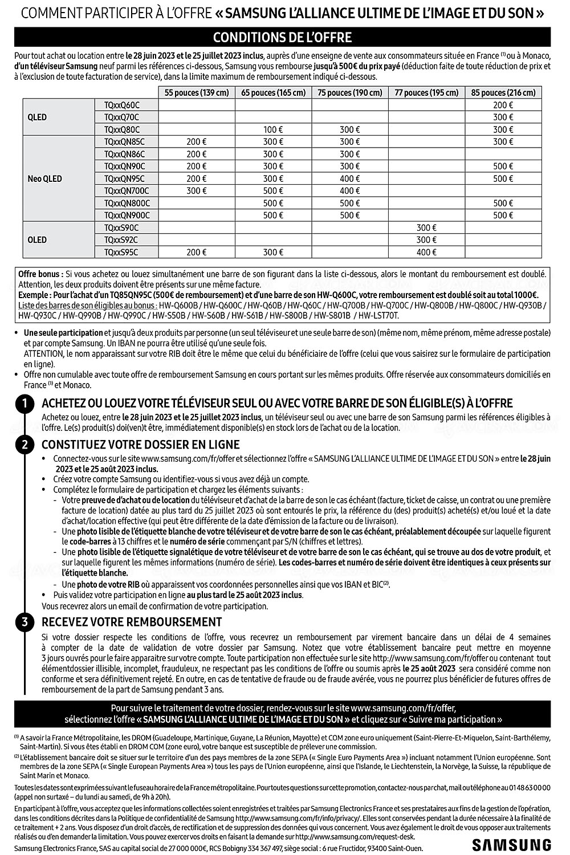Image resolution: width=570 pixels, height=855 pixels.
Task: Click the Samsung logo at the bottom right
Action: point(511,844)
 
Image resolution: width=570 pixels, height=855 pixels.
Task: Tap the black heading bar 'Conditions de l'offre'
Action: point(282,38)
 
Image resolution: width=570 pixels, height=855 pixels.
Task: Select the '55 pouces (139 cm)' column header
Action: point(197,92)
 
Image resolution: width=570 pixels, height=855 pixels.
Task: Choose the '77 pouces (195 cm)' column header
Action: point(426,92)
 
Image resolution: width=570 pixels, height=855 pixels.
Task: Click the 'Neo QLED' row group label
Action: point(44,178)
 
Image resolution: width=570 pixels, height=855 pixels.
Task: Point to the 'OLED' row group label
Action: point(37,239)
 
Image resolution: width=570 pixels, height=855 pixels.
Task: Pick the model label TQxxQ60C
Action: point(121,105)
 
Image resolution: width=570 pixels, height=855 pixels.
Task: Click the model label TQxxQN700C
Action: point(127,190)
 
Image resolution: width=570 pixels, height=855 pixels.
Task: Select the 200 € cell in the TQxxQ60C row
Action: point(503,105)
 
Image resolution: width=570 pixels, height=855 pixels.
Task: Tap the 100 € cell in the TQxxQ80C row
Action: point(273,129)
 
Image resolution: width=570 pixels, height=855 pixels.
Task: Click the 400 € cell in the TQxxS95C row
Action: point(426,252)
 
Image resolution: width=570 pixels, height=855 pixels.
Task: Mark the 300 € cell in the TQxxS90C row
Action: point(426,227)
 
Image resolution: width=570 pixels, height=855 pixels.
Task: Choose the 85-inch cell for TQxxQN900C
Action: point(503,215)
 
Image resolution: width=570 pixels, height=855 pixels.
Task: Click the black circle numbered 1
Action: point(25,404)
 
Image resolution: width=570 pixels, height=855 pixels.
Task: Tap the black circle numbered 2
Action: point(25,445)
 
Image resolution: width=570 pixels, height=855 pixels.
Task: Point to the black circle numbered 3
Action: point(25,622)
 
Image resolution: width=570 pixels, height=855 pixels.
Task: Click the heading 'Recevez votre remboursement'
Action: point(132,622)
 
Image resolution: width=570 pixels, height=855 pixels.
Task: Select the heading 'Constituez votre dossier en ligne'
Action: point(141,445)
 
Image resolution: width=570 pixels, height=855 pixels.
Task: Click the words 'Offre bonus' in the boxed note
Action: point(40,274)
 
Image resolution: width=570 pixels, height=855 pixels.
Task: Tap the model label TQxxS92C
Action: point(121,240)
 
